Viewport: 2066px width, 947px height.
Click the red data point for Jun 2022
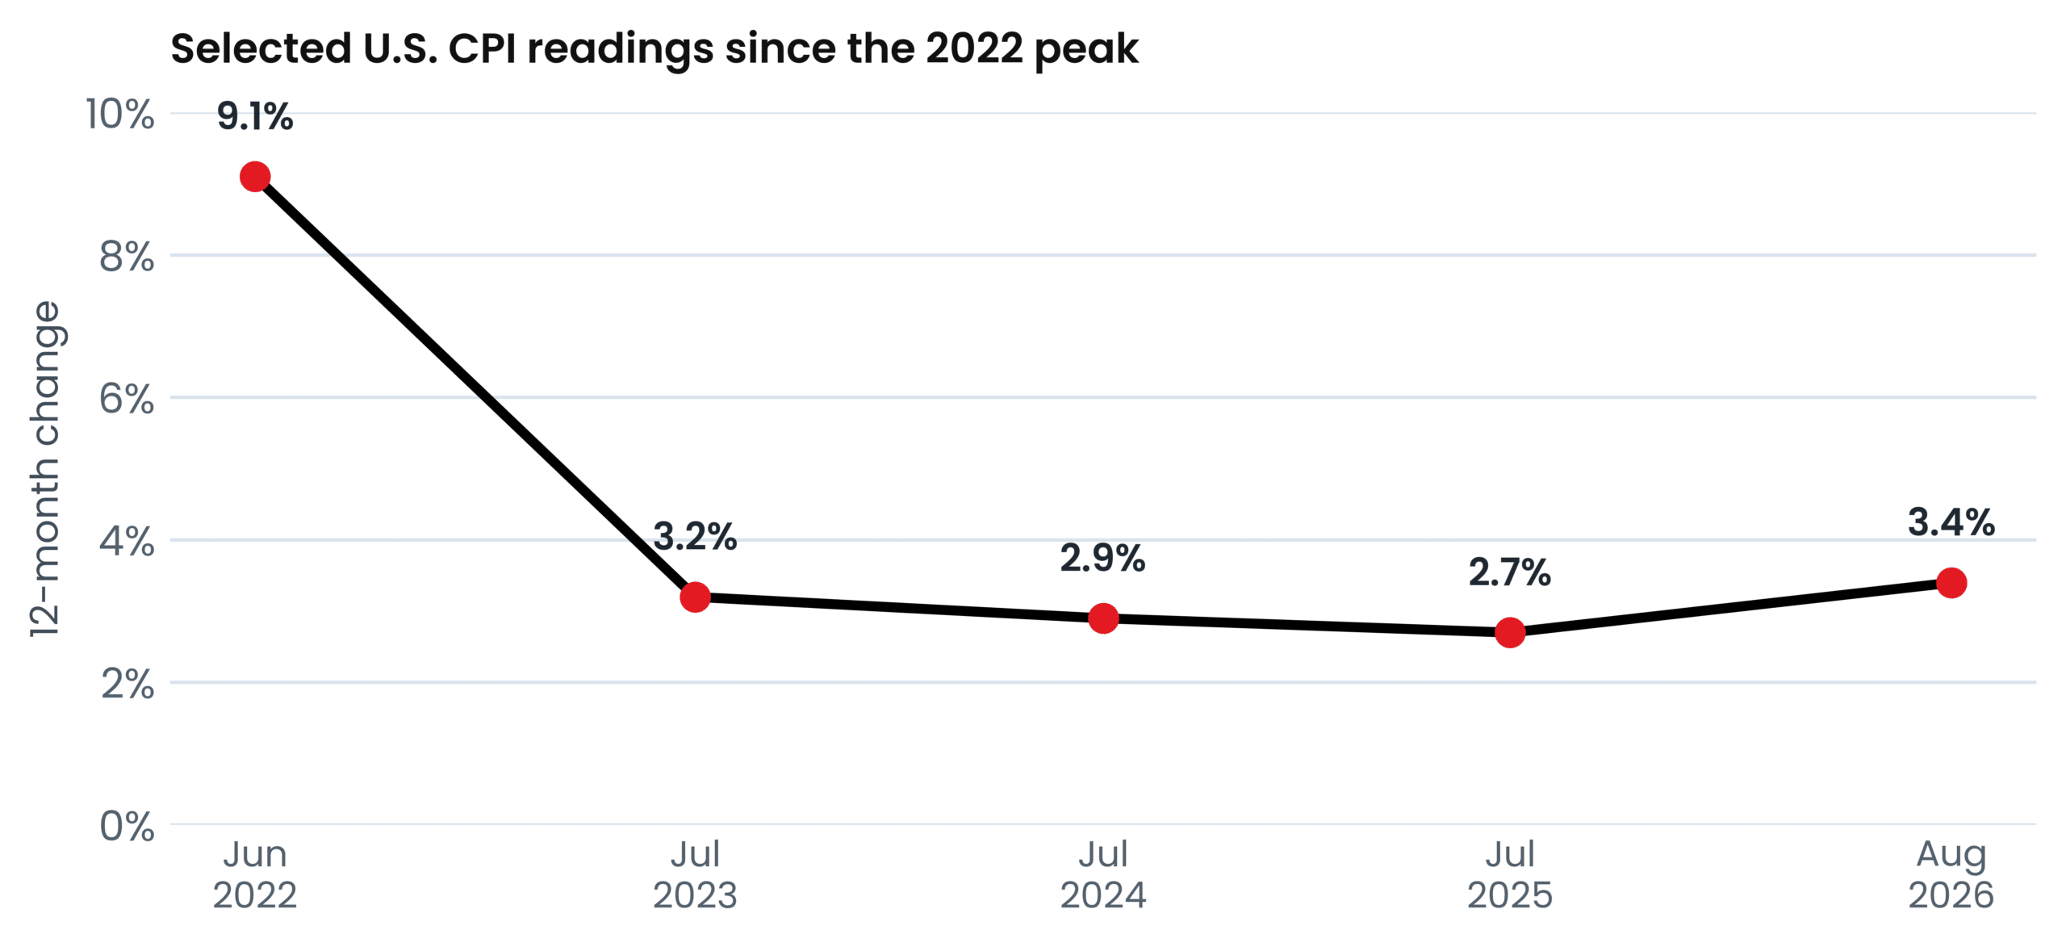(x=255, y=177)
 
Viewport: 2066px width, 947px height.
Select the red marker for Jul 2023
(x=695, y=597)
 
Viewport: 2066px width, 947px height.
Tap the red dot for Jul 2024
(x=1103, y=618)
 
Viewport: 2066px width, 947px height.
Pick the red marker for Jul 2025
(x=1510, y=632)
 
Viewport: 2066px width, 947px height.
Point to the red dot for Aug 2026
(x=1951, y=583)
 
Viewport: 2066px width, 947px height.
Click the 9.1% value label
(x=255, y=116)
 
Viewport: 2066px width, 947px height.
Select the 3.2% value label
(x=695, y=536)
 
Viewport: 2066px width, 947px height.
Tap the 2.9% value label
(x=1103, y=558)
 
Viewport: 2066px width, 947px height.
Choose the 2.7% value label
(x=1510, y=572)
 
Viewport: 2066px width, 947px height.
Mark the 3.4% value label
(x=1951, y=522)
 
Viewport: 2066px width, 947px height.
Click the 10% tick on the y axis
(x=120, y=114)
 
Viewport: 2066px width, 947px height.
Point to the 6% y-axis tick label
(x=127, y=399)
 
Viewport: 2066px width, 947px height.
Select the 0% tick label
(x=127, y=826)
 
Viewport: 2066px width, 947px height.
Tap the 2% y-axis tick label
(x=128, y=684)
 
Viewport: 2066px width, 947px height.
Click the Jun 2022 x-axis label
(x=255, y=875)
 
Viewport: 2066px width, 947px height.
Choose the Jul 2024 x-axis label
(x=1103, y=875)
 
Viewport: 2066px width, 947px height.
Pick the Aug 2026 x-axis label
(x=1951, y=875)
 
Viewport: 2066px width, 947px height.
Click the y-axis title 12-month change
(x=46, y=469)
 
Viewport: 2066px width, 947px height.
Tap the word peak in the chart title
(x=1086, y=50)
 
